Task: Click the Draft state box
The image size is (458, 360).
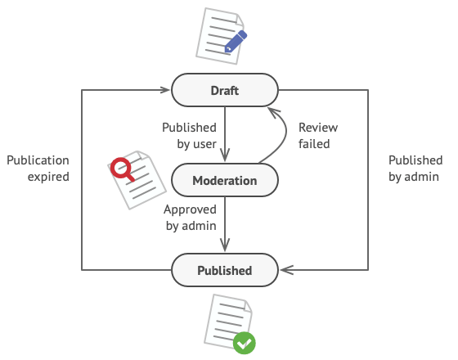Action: click(225, 90)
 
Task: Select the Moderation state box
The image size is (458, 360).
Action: click(225, 180)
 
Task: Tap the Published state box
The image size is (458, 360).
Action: click(225, 270)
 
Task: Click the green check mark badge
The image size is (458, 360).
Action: click(243, 343)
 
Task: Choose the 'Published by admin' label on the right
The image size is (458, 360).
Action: click(415, 169)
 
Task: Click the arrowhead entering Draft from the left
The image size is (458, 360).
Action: click(166, 90)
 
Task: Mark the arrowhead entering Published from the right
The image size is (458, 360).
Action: click(285, 269)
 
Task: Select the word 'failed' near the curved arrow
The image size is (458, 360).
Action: click(313, 144)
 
